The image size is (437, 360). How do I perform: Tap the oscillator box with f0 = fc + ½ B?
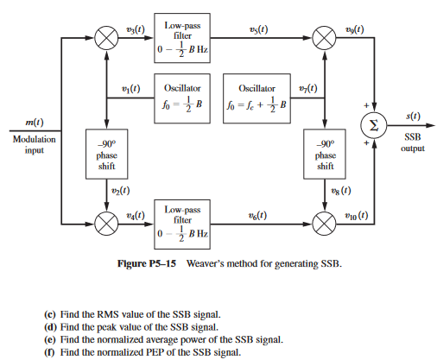pyautogui.click(x=256, y=96)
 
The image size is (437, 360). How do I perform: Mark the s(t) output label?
pyautogui.click(x=413, y=116)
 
